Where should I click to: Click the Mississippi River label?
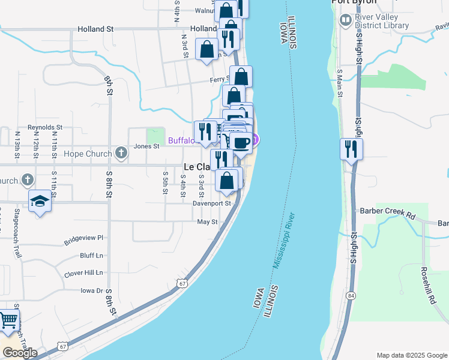(285, 239)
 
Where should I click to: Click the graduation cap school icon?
(40, 201)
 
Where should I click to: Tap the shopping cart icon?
(7, 321)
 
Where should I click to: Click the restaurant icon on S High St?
(351, 148)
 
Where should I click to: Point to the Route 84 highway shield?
(350, 295)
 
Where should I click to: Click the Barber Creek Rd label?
(387, 211)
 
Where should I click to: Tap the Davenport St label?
(212, 203)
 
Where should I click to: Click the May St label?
(206, 222)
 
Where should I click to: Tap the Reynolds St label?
(45, 127)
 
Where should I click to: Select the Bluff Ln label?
(91, 255)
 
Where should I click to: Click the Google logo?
(20, 353)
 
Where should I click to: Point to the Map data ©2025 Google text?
(412, 355)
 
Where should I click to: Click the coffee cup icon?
(241, 143)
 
